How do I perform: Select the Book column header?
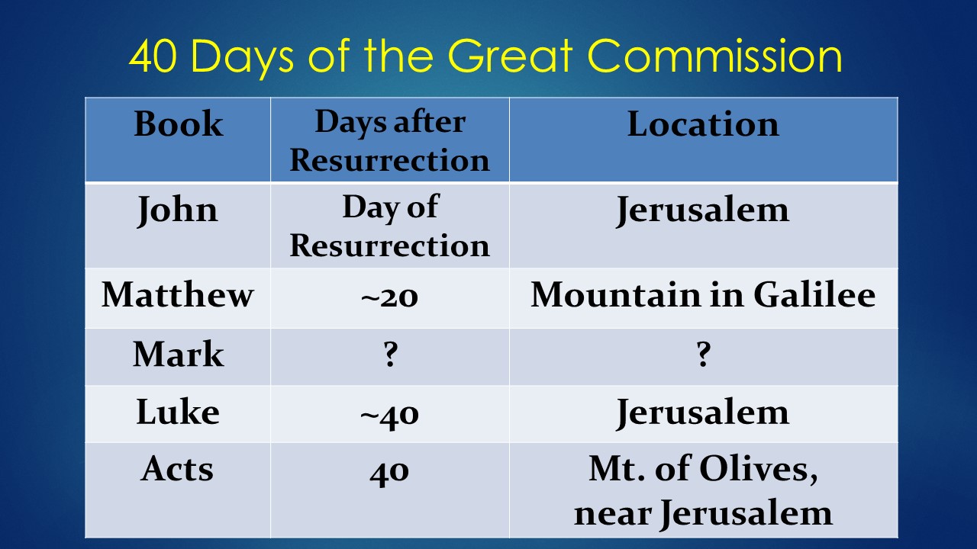(x=179, y=124)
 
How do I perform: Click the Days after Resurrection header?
(x=390, y=141)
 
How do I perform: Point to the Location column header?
(x=703, y=124)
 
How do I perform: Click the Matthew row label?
(x=178, y=294)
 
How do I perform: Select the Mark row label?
(x=178, y=355)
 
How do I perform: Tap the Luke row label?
(x=178, y=413)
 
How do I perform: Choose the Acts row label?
(x=178, y=469)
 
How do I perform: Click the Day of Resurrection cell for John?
(x=390, y=226)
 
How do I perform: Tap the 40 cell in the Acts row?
(x=390, y=470)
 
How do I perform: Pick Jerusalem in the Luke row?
(x=703, y=413)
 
